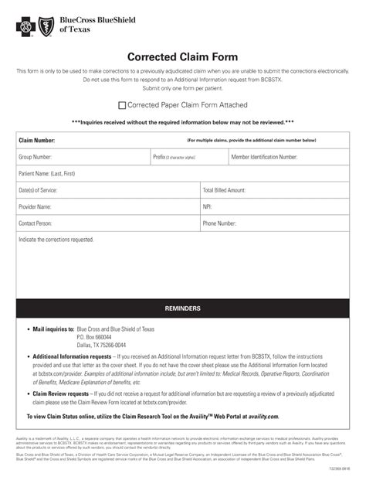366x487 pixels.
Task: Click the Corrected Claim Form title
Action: coord(182,57)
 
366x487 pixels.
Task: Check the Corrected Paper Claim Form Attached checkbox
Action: coord(122,105)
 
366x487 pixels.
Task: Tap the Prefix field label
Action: coord(160,157)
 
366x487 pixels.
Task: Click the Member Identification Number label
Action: coord(264,157)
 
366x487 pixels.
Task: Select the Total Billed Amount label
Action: coord(224,190)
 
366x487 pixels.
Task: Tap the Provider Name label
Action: coord(36,206)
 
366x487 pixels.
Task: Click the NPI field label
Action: coord(207,206)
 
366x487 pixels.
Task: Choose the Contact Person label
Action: coord(36,223)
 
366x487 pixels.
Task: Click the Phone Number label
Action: coord(219,223)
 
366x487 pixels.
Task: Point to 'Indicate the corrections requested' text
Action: coord(56,240)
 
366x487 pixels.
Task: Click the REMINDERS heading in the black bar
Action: coord(182,308)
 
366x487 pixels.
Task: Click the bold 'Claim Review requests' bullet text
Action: coord(61,393)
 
